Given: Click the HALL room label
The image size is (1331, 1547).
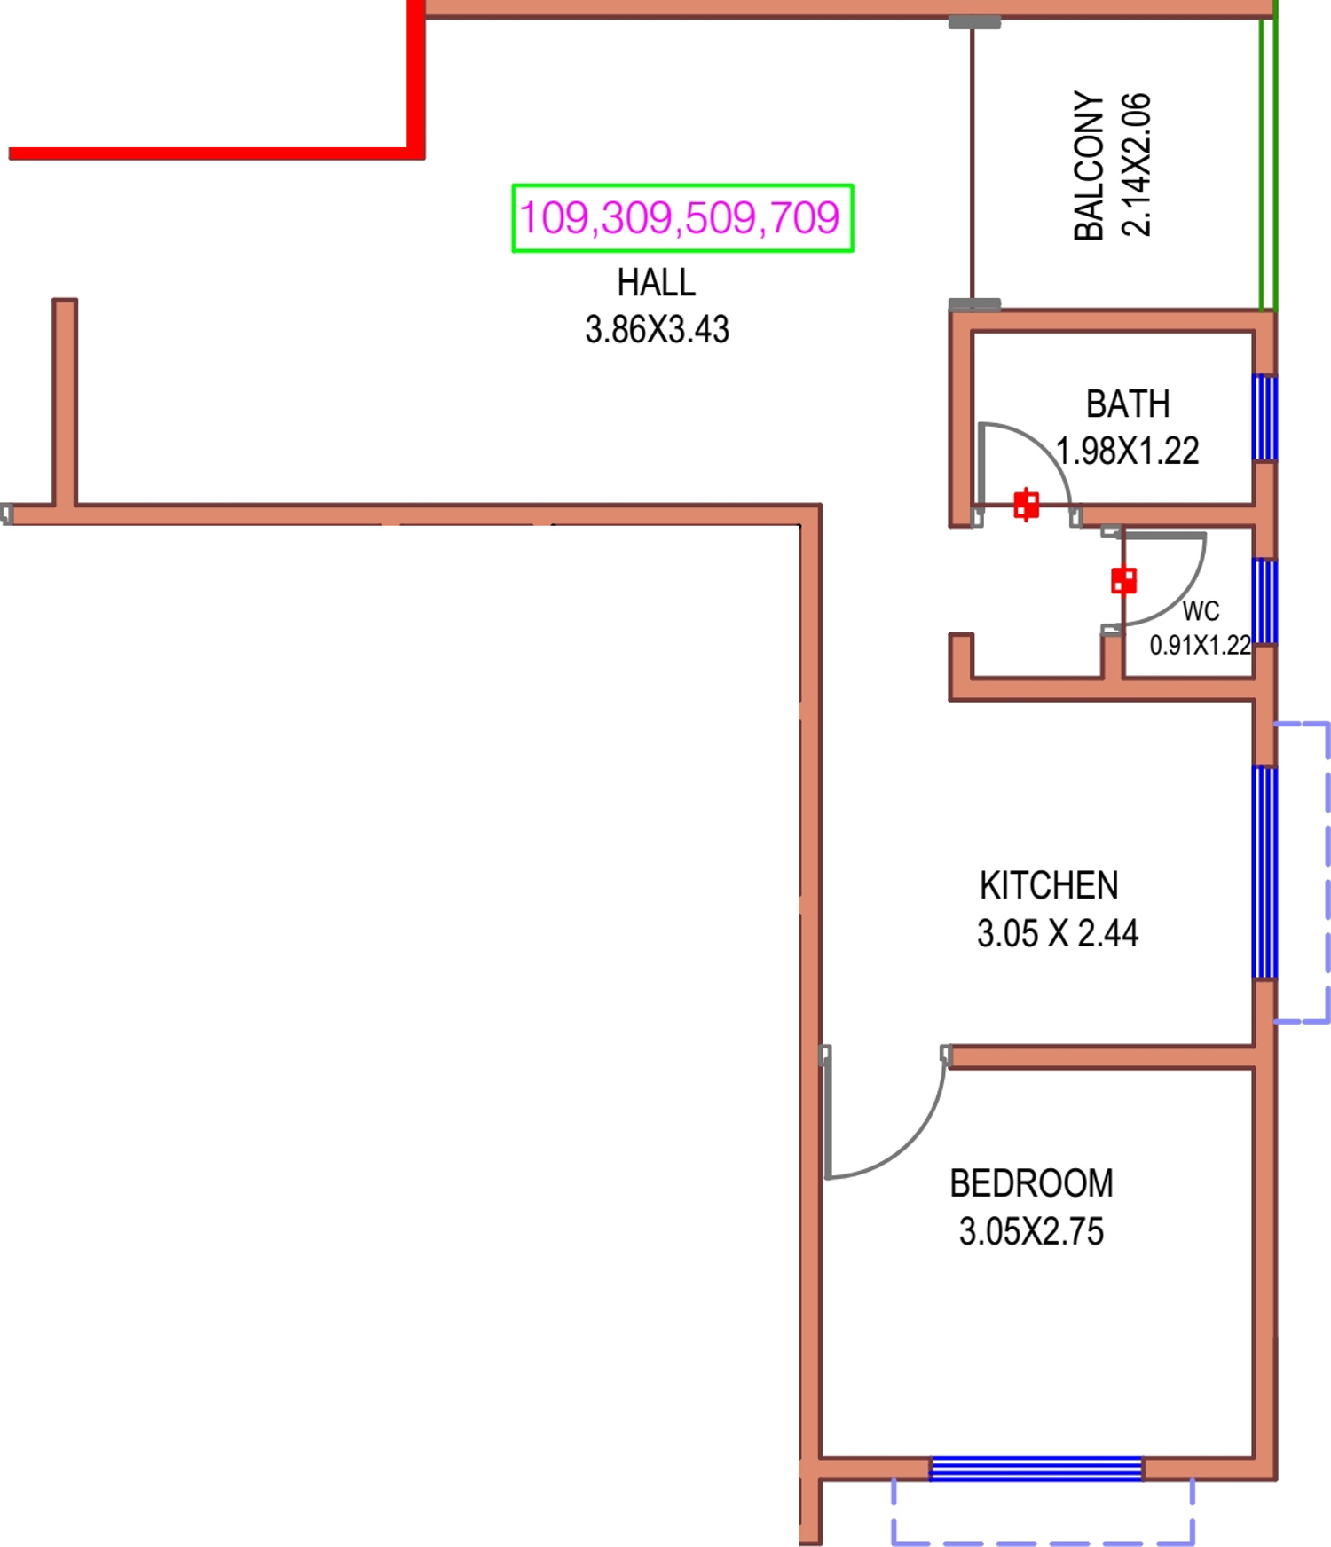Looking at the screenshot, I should (x=657, y=283).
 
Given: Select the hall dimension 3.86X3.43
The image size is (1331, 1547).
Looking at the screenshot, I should (x=657, y=330).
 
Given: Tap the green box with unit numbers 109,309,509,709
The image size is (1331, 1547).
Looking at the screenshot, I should (x=682, y=218).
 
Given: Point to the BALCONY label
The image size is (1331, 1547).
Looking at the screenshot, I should (x=1089, y=165).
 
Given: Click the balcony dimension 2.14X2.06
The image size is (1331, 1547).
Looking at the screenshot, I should (x=1137, y=165).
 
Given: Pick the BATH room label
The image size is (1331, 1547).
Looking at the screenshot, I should (x=1128, y=404).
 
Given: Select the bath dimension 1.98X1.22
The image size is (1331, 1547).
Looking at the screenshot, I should (x=1128, y=452).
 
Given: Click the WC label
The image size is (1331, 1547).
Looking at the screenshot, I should (x=1201, y=611).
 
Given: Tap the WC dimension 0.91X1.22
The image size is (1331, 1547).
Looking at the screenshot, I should (x=1200, y=645).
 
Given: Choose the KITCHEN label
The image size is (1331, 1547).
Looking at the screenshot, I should (x=1049, y=885).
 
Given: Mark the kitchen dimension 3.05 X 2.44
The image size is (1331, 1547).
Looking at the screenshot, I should (x=1057, y=933).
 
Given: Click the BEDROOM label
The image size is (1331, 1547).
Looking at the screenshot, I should (x=1031, y=1183).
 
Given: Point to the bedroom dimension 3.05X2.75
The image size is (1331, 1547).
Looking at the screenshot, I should (x=1031, y=1231).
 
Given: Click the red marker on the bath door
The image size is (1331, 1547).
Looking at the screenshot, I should (x=1027, y=505).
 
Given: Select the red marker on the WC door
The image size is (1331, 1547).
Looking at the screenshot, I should (x=1123, y=581).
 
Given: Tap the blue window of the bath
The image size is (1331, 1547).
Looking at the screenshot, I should (x=1264, y=417).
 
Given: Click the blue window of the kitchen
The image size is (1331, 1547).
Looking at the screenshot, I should (x=1264, y=872).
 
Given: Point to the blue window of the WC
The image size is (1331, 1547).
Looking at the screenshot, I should (x=1264, y=601).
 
